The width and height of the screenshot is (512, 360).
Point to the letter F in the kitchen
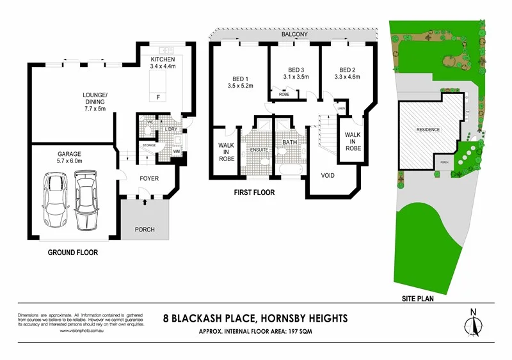[x=157, y=97]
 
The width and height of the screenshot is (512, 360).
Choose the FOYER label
[x=148, y=178]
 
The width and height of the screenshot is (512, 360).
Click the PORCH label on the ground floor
[x=145, y=230]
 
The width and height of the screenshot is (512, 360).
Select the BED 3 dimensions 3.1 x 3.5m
[x=295, y=77]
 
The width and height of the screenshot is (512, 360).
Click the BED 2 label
[x=347, y=70]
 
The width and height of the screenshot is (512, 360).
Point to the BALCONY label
[x=295, y=34]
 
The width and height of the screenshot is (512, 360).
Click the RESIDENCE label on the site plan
[x=428, y=130]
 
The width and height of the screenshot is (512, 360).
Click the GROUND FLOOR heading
[x=73, y=253]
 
